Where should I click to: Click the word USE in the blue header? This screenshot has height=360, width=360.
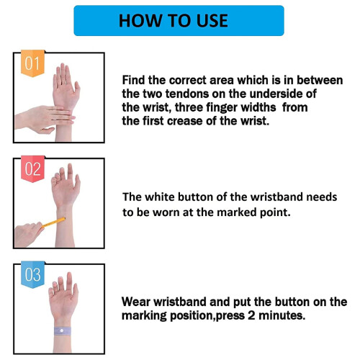click(x=212, y=21)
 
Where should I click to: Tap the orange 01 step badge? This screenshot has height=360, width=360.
click(x=32, y=63)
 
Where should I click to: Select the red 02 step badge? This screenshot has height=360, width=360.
click(x=32, y=168)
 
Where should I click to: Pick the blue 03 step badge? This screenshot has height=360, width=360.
click(x=32, y=274)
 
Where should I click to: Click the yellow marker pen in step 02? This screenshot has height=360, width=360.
click(x=54, y=222)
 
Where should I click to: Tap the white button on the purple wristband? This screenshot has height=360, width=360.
click(x=62, y=331)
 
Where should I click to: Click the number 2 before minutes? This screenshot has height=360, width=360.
click(x=251, y=315)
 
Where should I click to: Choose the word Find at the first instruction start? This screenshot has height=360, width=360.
click(x=134, y=80)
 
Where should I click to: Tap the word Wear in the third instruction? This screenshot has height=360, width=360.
click(x=135, y=302)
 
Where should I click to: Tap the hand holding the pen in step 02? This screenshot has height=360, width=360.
click(x=27, y=234)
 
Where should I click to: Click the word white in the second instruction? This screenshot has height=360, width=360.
click(x=159, y=197)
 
